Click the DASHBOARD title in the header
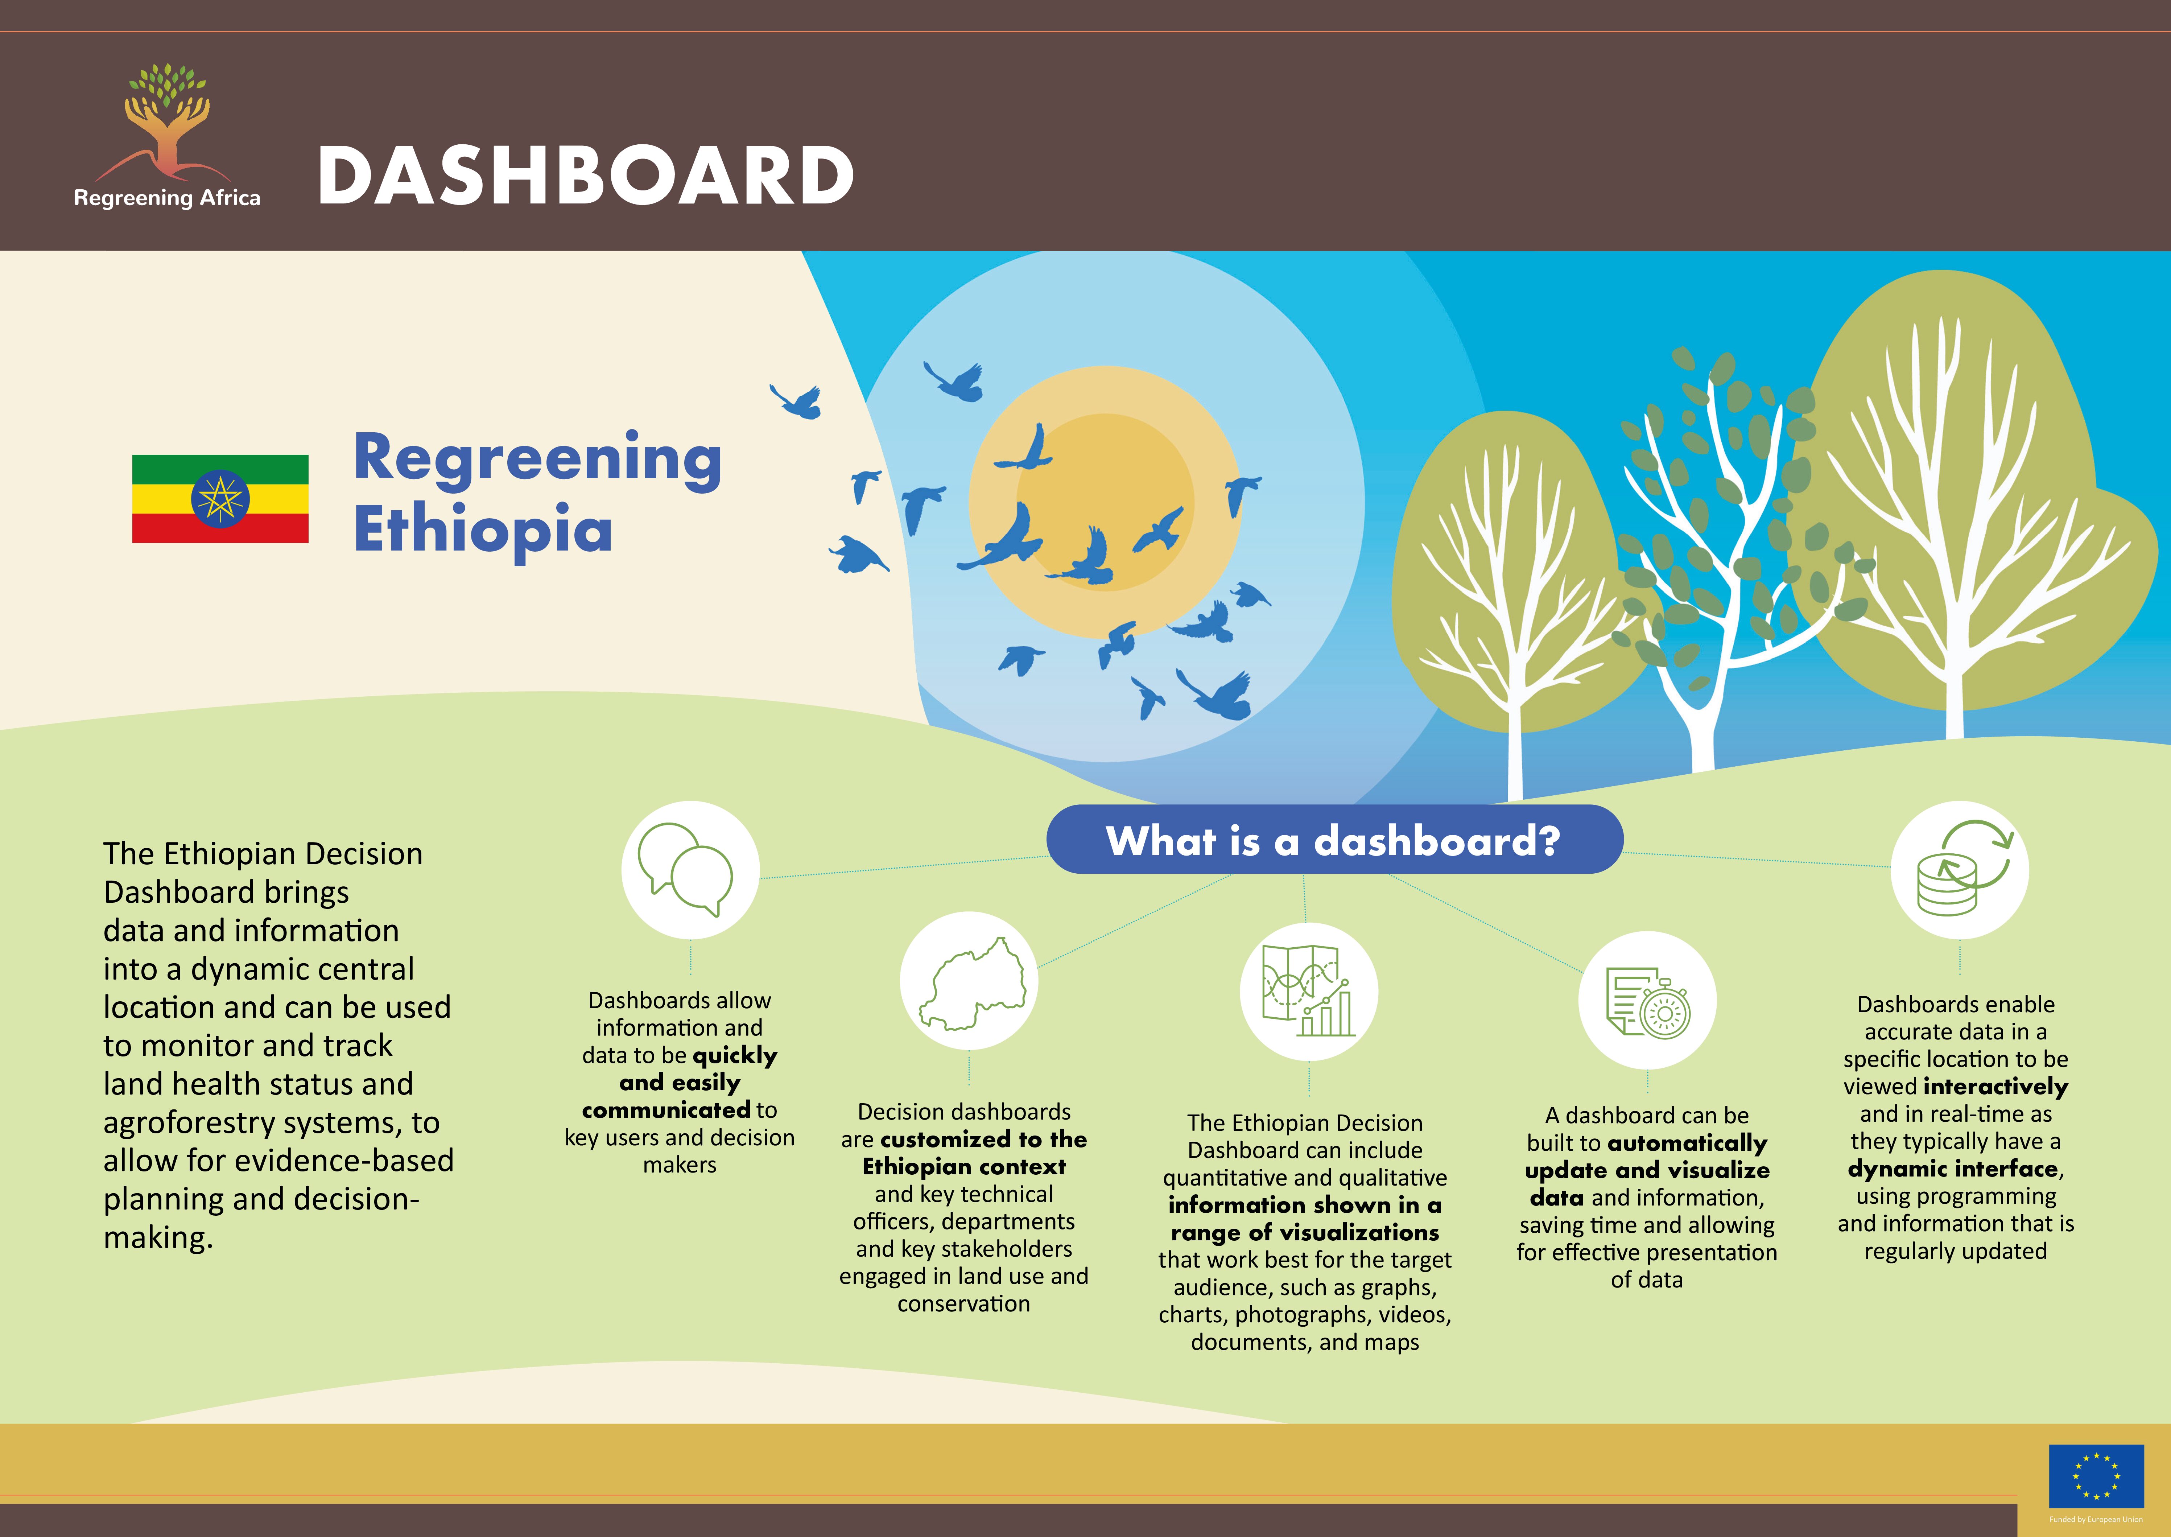[586, 176]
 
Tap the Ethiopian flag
[220, 499]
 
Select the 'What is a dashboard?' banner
[1334, 840]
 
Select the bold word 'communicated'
[666, 1110]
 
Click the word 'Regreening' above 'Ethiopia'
[537, 459]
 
